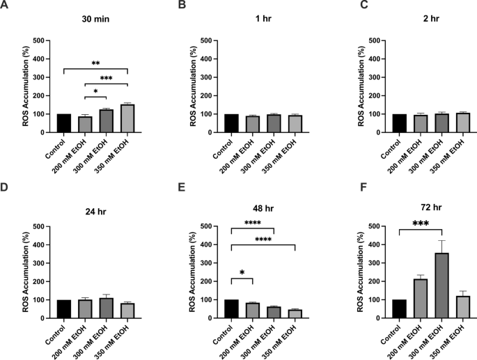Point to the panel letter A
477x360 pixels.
[x=6, y=6]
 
